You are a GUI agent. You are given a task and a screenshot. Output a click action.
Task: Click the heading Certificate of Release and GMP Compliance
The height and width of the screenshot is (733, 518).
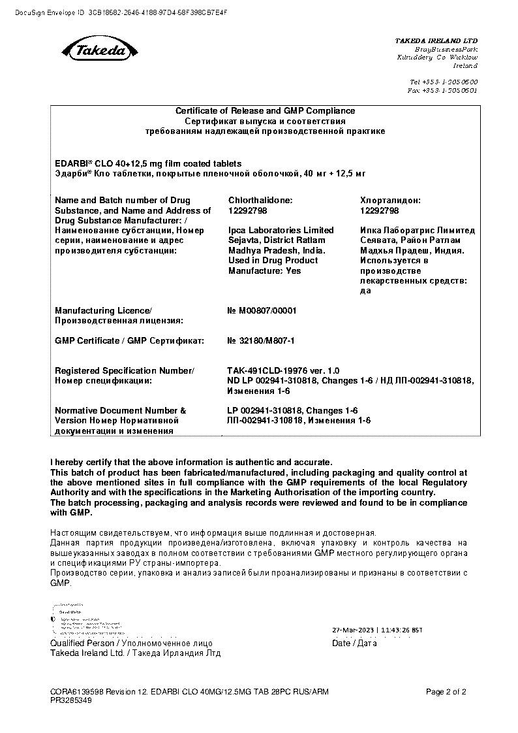coord(265,111)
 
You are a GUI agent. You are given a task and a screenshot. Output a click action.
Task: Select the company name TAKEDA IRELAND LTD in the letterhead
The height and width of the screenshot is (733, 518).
coord(436,41)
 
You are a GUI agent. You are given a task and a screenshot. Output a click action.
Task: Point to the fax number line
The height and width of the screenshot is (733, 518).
coord(442,91)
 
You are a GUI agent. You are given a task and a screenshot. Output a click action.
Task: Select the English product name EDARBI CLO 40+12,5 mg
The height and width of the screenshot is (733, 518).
coord(148,163)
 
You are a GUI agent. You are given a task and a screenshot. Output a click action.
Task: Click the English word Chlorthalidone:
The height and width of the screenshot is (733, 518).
coord(260,201)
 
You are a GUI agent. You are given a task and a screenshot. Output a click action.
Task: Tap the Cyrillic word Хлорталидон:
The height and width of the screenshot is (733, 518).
coord(390,201)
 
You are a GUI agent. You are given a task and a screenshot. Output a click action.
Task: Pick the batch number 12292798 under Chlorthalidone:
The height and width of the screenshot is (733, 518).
coord(247,211)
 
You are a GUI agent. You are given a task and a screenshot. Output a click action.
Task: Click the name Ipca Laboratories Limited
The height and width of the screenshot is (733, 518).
coord(281,231)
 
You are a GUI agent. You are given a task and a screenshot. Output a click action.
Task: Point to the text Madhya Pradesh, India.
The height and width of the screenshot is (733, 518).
coord(277,250)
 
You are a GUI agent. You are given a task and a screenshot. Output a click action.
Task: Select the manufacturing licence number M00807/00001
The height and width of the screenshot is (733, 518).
coord(262,311)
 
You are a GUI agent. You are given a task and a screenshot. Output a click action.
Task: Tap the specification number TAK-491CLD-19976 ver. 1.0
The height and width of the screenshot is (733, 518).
coord(282,370)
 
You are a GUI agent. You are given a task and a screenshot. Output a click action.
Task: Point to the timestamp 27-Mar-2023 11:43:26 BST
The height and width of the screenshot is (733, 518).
coord(377,630)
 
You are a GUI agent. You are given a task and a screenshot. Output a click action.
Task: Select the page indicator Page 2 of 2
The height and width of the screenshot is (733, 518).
coord(446,692)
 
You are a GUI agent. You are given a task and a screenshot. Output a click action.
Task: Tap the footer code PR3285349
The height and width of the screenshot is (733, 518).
coord(71,700)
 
